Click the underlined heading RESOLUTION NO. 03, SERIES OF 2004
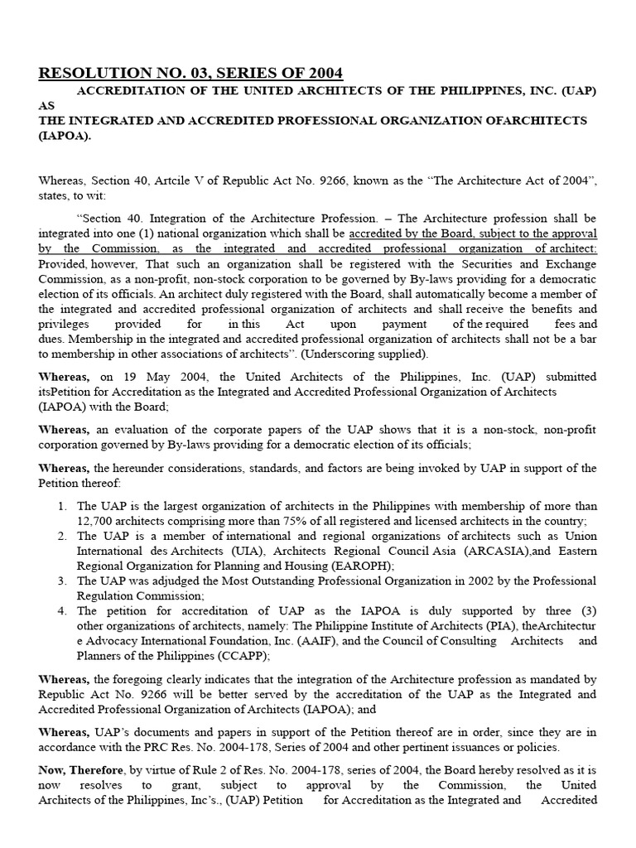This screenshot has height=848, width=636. click(x=190, y=73)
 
